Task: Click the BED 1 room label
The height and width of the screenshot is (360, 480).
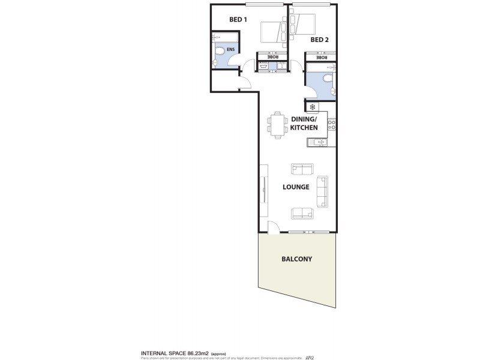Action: [238, 20]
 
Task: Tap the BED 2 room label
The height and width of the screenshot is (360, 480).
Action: [320, 40]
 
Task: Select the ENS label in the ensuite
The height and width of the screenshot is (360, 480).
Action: [230, 50]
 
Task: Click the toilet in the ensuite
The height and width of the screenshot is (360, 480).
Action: [220, 51]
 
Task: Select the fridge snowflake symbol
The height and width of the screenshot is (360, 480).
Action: [312, 107]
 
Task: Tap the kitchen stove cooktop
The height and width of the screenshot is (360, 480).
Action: [332, 125]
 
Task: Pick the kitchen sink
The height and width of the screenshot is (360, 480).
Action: [317, 142]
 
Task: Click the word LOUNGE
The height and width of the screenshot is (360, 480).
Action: [296, 187]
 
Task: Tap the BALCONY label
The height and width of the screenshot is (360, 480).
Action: [297, 259]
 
